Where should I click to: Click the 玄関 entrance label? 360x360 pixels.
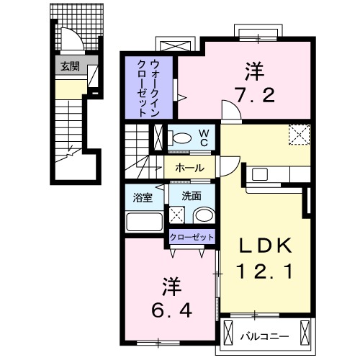[x=70, y=68]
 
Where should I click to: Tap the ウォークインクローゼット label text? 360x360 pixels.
[x=153, y=86]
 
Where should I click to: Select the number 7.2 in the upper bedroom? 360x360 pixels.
[x=254, y=94]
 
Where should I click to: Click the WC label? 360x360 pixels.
[x=204, y=137]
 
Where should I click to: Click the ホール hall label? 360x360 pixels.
[x=189, y=168]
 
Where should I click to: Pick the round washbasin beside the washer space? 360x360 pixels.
[x=204, y=215]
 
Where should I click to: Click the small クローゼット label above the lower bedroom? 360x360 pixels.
[x=192, y=237]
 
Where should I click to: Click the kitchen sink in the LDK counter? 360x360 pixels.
[x=259, y=174]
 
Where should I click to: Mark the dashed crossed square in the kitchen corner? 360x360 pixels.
[x=299, y=135]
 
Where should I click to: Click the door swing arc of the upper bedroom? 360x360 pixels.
[x=229, y=112]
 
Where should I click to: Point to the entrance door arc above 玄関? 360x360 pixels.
[x=69, y=40]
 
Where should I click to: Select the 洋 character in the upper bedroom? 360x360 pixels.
[x=254, y=71]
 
